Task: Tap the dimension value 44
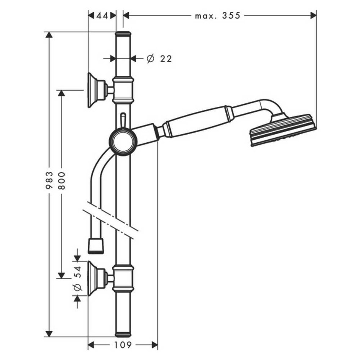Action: point(102,16)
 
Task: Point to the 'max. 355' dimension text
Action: point(217,16)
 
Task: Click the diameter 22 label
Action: point(160,59)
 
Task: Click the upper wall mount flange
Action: point(94,90)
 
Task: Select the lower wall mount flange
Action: point(94,278)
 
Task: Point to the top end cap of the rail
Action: point(123,33)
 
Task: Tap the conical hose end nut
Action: point(96,246)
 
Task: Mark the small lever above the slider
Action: point(123,120)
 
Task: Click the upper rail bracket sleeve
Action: point(123,90)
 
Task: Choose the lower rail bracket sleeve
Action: point(123,278)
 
